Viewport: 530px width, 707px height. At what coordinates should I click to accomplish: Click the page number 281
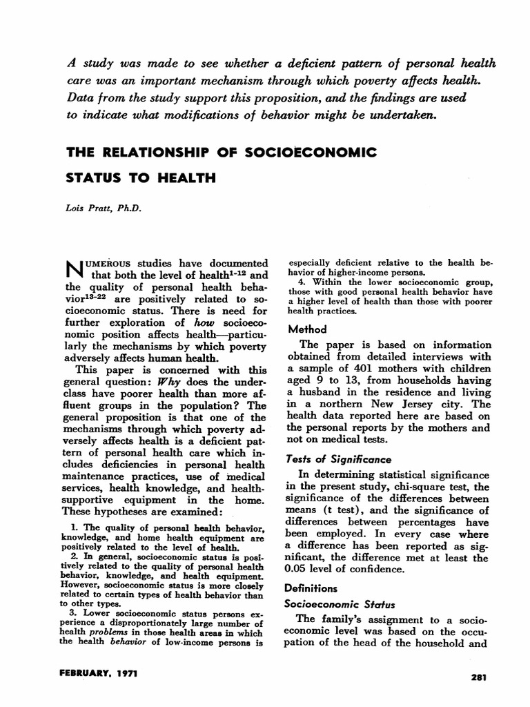tap(478, 678)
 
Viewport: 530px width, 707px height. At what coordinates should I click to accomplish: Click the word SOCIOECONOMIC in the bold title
tap(308, 151)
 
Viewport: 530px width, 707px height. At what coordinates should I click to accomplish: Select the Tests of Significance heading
tap(339, 458)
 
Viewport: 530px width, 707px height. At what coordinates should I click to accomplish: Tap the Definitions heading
tap(312, 588)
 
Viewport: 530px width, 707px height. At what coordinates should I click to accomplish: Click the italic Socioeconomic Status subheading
tap(336, 603)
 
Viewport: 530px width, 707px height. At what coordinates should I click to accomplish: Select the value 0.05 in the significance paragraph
tap(300, 570)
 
